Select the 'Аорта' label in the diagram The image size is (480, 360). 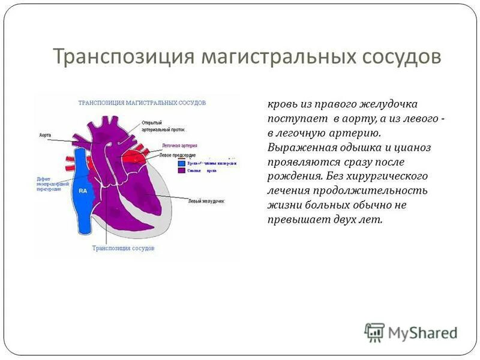pyautogui.click(x=44, y=136)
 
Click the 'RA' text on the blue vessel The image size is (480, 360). pyautogui.click(x=83, y=191)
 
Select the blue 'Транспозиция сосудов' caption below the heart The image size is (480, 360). pyautogui.click(x=123, y=248)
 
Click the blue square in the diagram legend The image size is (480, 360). pyautogui.click(x=181, y=163)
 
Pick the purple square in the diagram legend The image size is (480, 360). pyautogui.click(x=181, y=171)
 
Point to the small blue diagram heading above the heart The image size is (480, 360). pyautogui.click(x=142, y=103)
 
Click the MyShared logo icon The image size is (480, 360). pyautogui.click(x=374, y=332)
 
